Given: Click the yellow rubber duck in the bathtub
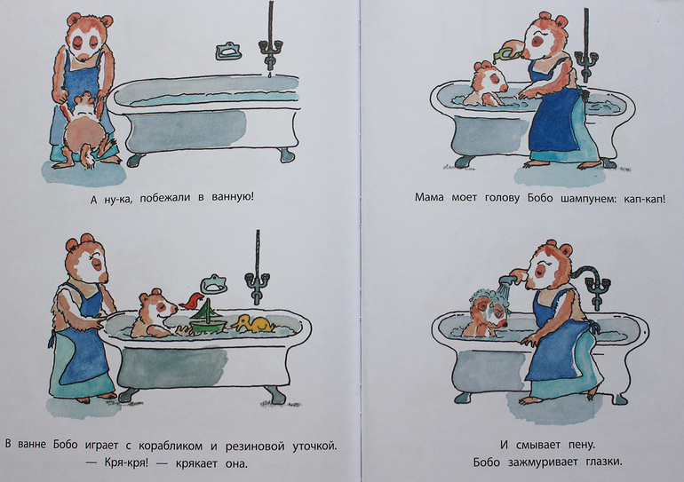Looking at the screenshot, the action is (x=253, y=324).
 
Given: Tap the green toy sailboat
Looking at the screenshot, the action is (x=208, y=318).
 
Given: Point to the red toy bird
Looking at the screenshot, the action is (x=192, y=301).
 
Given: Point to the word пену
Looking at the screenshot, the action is (x=582, y=446).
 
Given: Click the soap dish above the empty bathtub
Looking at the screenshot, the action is (x=228, y=51).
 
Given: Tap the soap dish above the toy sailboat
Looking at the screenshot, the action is (x=213, y=284).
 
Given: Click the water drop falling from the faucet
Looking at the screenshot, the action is (x=270, y=75).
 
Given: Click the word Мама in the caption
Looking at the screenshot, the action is (x=429, y=198).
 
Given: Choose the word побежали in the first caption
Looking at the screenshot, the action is (x=166, y=197).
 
